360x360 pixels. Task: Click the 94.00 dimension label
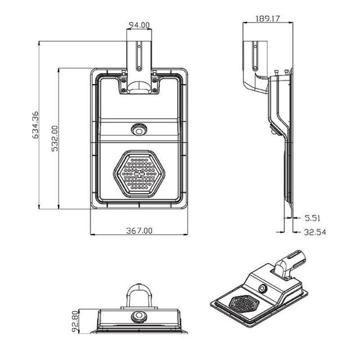(138, 24)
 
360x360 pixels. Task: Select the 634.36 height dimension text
(35, 125)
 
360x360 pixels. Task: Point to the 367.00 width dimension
(139, 230)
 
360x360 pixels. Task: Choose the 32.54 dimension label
(316, 231)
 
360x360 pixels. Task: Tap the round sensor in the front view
(138, 130)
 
